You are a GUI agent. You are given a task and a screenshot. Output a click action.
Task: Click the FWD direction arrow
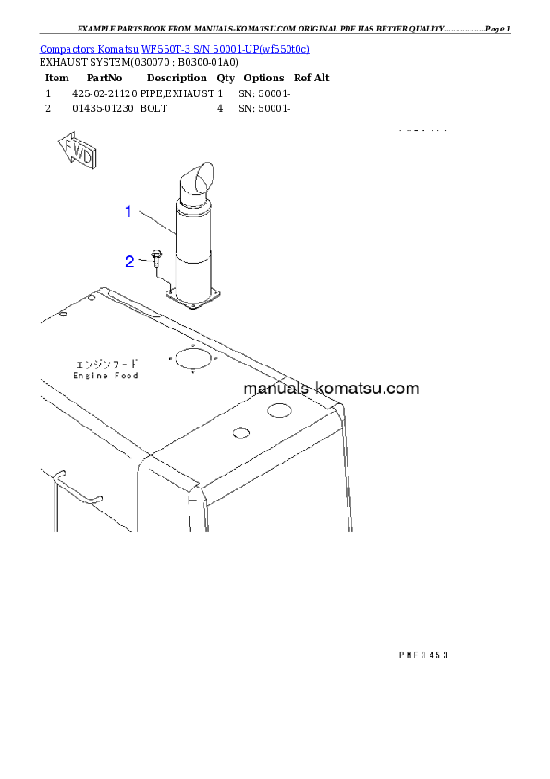[x=76, y=152]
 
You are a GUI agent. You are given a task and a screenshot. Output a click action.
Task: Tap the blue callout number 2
[x=130, y=261]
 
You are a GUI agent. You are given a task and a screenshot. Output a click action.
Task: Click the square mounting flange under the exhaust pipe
[x=192, y=296]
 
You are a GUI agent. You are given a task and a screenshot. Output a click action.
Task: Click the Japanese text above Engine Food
[x=106, y=363]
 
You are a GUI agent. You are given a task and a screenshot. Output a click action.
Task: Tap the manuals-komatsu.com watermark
[x=332, y=389]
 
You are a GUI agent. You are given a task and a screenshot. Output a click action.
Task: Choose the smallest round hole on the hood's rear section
[x=240, y=432]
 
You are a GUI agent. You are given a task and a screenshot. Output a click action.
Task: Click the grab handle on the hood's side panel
[x=76, y=488]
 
